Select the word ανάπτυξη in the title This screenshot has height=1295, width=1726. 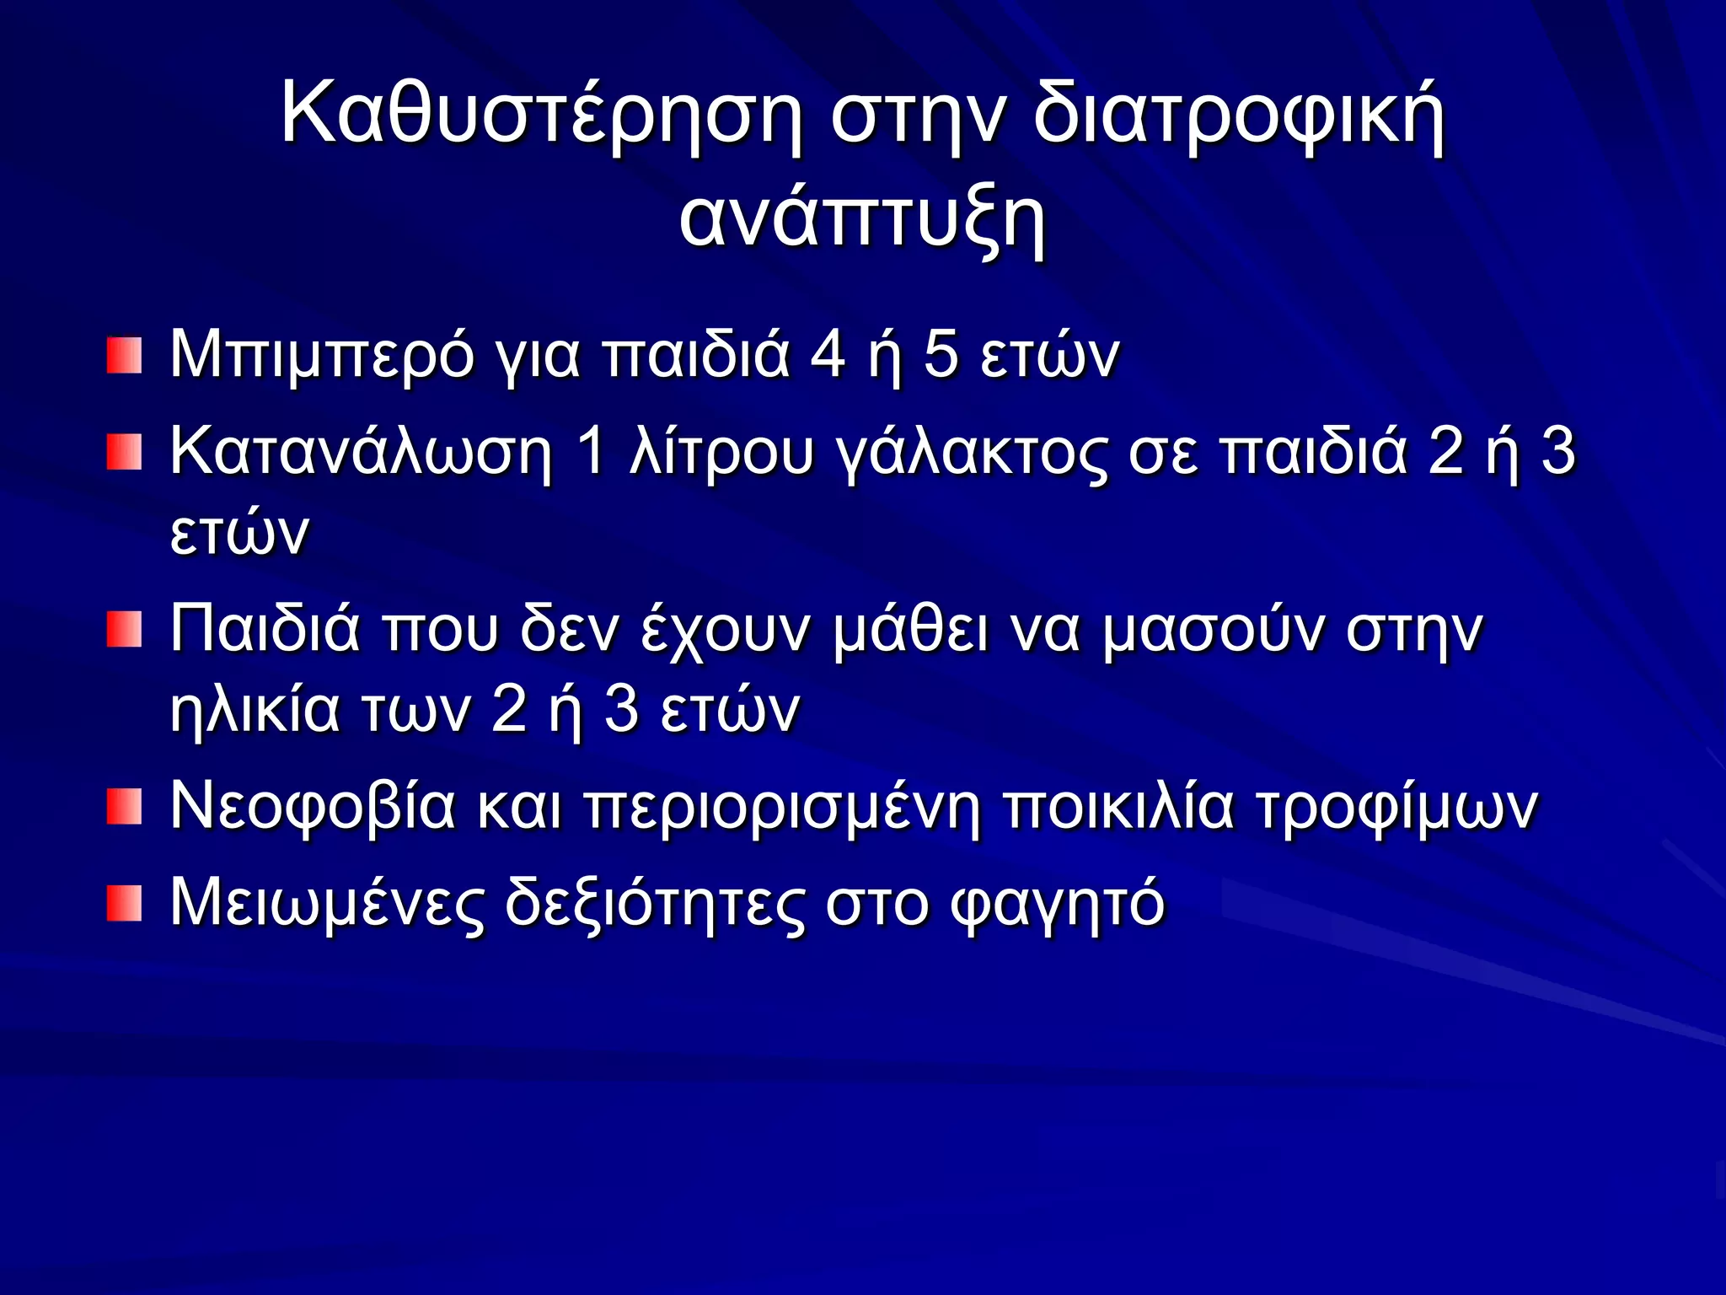862,221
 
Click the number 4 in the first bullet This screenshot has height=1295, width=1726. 827,354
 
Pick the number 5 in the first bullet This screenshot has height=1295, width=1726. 941,354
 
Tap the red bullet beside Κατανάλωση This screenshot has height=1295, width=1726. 124,453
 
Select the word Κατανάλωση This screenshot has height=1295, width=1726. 361,453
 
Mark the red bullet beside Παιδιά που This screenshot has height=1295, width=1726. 124,630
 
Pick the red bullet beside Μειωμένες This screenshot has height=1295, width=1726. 124,903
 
